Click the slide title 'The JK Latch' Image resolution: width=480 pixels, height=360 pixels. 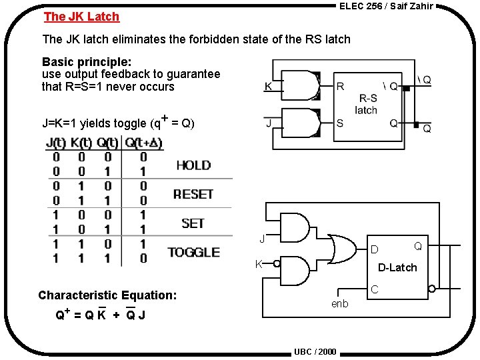tap(81, 17)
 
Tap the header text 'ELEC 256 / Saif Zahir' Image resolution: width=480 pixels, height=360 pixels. tap(386, 6)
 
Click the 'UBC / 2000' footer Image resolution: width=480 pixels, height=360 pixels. tap(315, 352)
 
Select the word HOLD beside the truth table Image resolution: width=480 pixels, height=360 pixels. tap(193, 165)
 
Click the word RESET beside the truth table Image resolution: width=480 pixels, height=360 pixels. tap(193, 194)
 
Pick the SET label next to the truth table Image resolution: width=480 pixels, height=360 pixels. tap(193, 223)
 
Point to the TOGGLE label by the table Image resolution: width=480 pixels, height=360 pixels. tap(193, 252)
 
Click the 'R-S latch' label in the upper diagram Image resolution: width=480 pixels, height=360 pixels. tap(366, 104)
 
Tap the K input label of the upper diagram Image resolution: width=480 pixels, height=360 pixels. tap(268, 87)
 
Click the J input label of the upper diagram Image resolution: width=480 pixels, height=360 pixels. tap(269, 123)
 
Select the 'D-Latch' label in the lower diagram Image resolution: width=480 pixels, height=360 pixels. tap(397, 267)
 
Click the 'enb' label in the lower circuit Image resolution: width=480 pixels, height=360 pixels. tap(339, 303)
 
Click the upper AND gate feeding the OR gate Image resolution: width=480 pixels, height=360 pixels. tap(295, 227)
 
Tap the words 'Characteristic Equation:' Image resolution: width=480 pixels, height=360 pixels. tap(107, 295)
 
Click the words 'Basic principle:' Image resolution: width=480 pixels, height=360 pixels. tap(87, 62)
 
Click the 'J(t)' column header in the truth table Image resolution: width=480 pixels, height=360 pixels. tap(56, 142)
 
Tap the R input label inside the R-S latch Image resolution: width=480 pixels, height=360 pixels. tap(341, 87)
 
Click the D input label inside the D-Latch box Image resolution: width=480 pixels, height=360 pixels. tap(374, 250)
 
